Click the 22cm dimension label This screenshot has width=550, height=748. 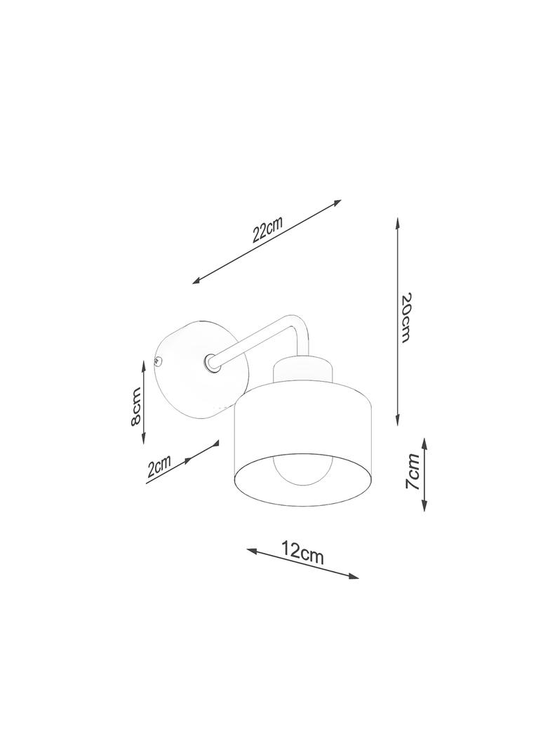267,229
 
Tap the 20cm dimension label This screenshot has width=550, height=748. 406,317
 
